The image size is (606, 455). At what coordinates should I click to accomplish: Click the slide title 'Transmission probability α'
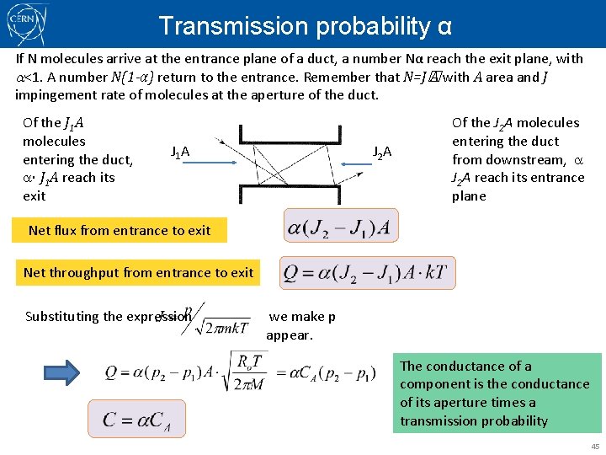tap(305, 26)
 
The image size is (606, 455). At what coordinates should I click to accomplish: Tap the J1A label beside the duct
tap(180, 152)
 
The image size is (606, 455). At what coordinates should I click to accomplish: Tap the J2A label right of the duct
tap(382, 152)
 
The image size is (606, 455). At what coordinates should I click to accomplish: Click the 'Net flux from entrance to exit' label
tap(120, 230)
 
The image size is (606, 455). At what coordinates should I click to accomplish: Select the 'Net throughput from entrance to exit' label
tap(139, 272)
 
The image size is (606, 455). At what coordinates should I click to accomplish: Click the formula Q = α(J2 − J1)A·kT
tap(368, 273)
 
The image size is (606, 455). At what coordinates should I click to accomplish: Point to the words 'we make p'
tap(302, 317)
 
